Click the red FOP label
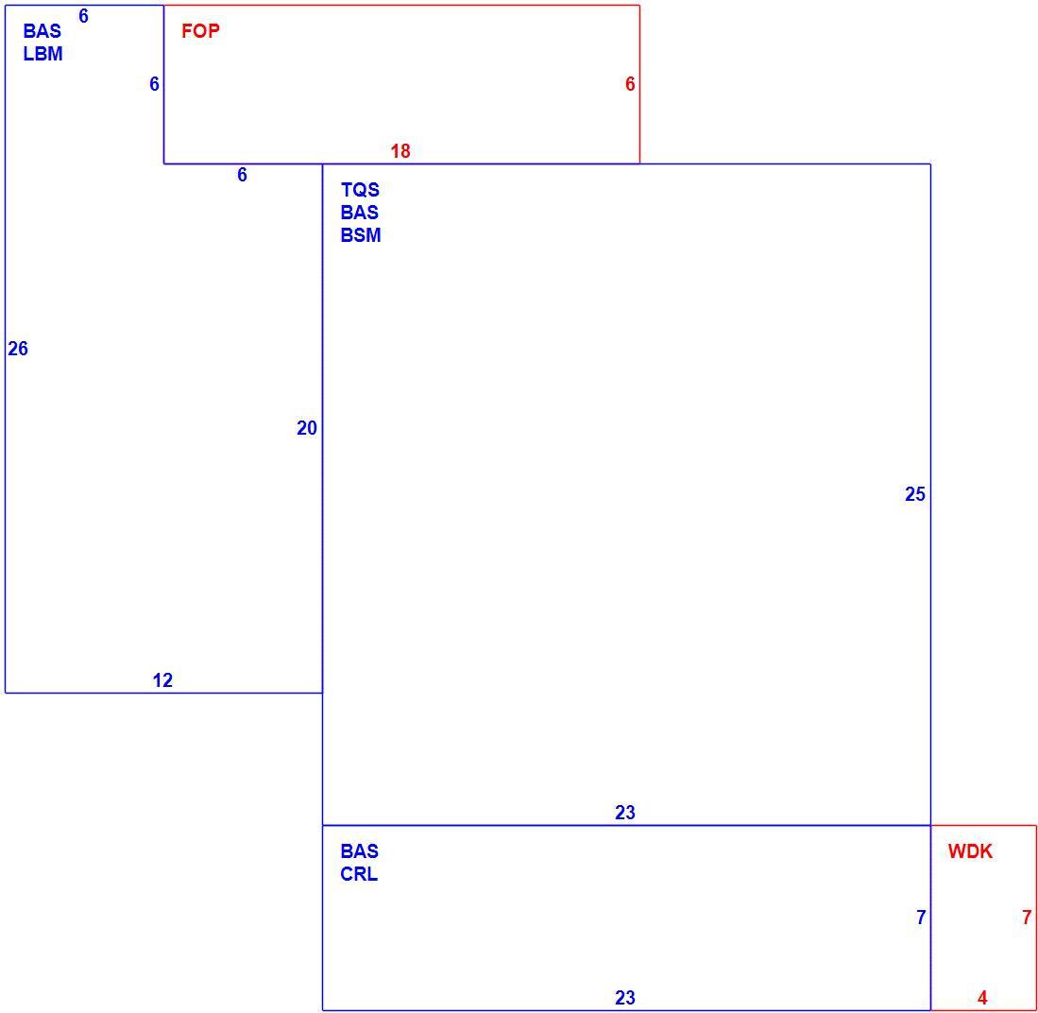click(200, 31)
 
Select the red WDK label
click(970, 851)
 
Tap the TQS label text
click(360, 190)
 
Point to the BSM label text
click(361, 235)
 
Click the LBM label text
click(43, 54)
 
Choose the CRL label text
click(359, 874)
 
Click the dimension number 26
click(18, 349)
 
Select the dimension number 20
click(307, 428)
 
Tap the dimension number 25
click(915, 494)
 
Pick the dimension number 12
click(162, 680)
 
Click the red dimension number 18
click(400, 151)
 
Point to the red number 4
click(982, 997)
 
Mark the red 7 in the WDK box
click(1026, 917)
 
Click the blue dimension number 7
click(921, 917)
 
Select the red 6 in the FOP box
click(630, 84)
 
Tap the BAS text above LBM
click(42, 31)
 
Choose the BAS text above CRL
click(360, 850)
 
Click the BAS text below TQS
click(360, 213)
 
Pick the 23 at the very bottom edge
click(625, 997)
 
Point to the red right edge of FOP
click(639, 84)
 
